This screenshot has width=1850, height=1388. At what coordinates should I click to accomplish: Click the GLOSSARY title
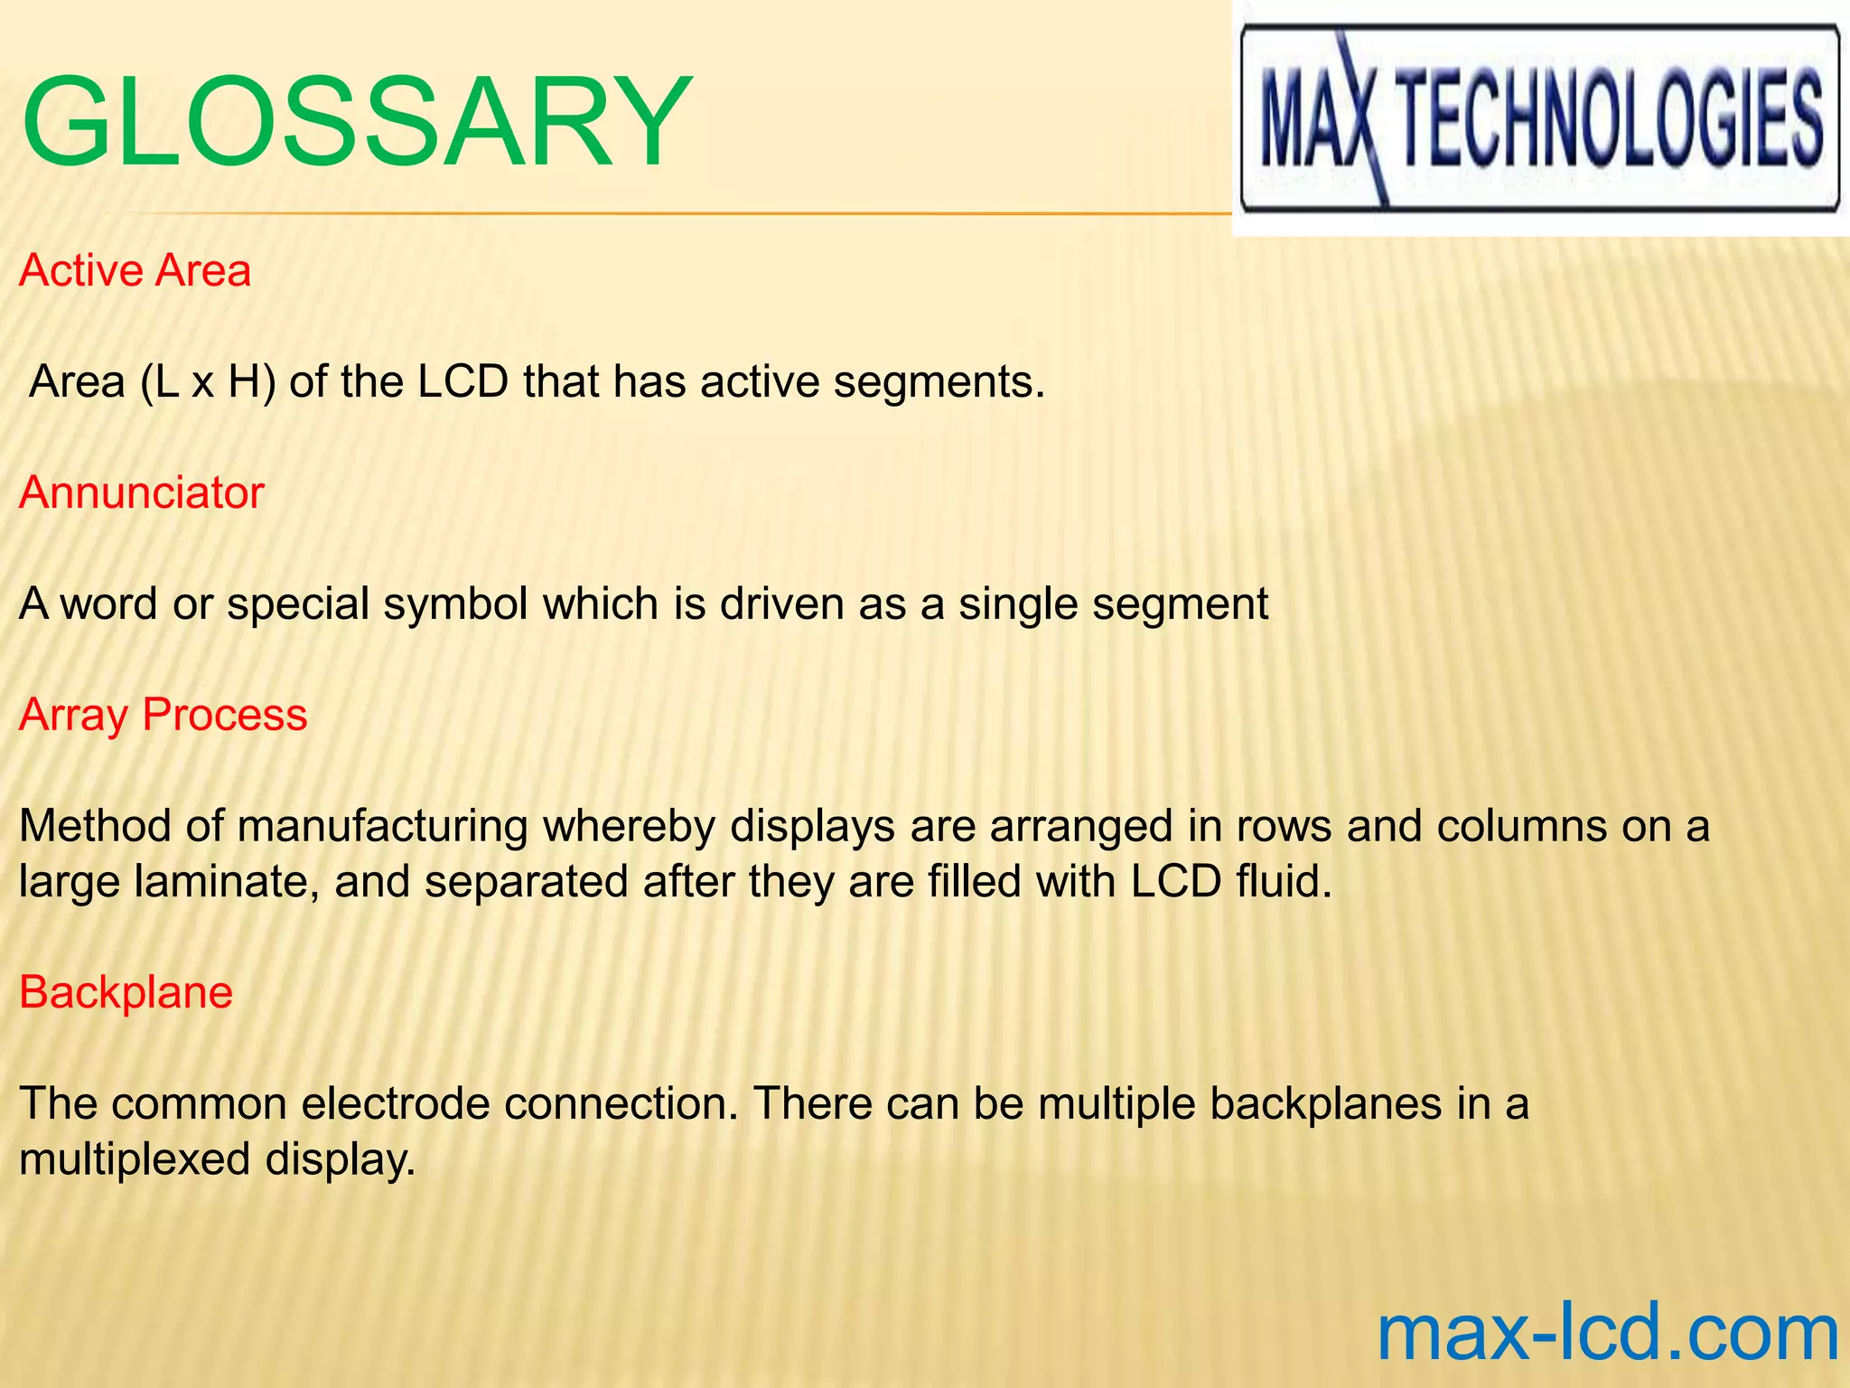pyautogui.click(x=357, y=122)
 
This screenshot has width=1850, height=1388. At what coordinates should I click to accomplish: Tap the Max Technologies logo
pyautogui.click(x=1539, y=118)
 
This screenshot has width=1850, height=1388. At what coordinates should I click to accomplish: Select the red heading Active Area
pyautogui.click(x=135, y=271)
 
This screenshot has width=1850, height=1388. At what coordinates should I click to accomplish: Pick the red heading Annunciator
pyautogui.click(x=142, y=493)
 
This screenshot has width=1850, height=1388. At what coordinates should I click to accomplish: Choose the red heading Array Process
pyautogui.click(x=164, y=715)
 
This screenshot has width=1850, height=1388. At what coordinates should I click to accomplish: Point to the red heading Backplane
pyautogui.click(x=126, y=992)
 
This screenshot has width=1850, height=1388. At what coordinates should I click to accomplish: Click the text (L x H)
pyautogui.click(x=208, y=382)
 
